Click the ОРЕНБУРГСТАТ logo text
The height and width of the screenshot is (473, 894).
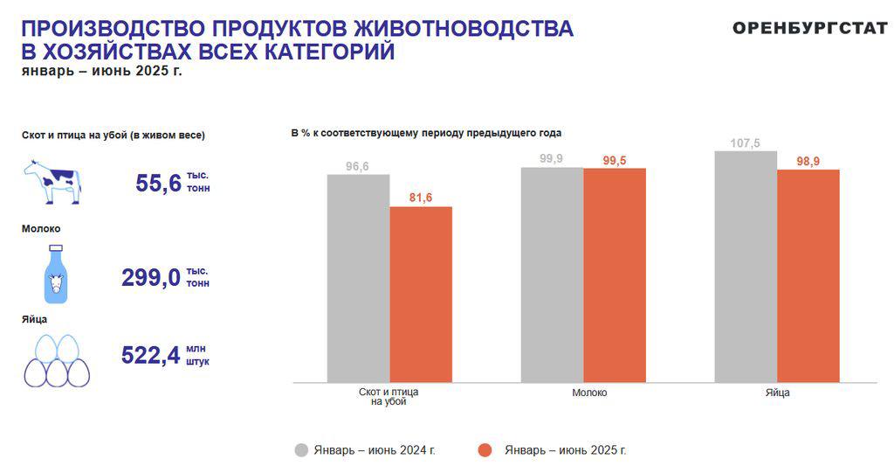pyautogui.click(x=810, y=27)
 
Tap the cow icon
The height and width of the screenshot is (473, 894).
pyautogui.click(x=52, y=182)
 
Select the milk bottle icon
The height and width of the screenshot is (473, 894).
pyautogui.click(x=55, y=275)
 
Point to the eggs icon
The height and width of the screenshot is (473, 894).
pyautogui.click(x=57, y=361)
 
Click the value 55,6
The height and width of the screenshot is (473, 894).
pyautogui.click(x=158, y=184)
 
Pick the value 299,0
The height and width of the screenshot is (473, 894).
pyautogui.click(x=151, y=278)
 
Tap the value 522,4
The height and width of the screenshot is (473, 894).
pyautogui.click(x=151, y=355)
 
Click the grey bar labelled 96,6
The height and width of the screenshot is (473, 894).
pyautogui.click(x=358, y=278)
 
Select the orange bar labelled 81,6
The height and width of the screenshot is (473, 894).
pyautogui.click(x=421, y=295)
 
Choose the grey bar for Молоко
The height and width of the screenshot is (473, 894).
pyautogui.click(x=552, y=275)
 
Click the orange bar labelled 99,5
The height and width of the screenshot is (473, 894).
pyautogui.click(x=615, y=275)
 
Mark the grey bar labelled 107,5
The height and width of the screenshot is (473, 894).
pyautogui.click(x=746, y=267)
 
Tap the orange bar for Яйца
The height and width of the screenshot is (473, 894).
pyautogui.click(x=808, y=276)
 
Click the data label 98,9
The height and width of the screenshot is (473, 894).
pyautogui.click(x=808, y=162)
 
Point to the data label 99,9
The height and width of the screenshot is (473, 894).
pyautogui.click(x=551, y=159)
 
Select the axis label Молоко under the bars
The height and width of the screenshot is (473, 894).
pyautogui.click(x=589, y=393)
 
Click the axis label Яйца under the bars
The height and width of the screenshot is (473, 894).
pyautogui.click(x=778, y=393)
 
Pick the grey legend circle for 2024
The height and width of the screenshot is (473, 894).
pyautogui.click(x=301, y=450)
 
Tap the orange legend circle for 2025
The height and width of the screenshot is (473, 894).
pyautogui.click(x=485, y=450)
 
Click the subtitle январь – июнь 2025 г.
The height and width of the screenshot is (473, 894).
pyautogui.click(x=102, y=72)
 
